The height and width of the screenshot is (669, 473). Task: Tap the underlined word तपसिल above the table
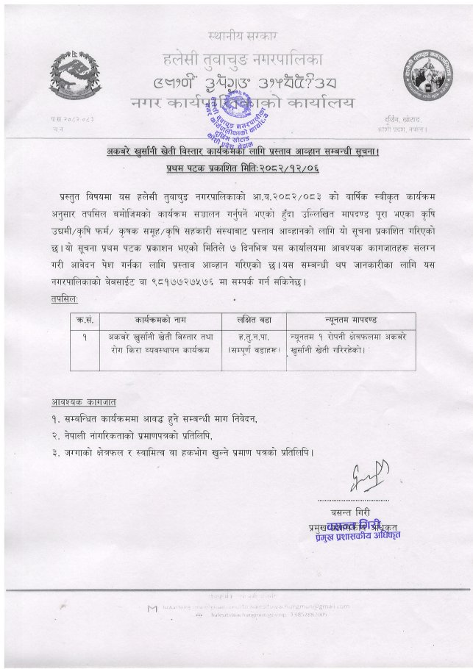[63, 300]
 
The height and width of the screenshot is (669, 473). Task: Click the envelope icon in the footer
[151, 607]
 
